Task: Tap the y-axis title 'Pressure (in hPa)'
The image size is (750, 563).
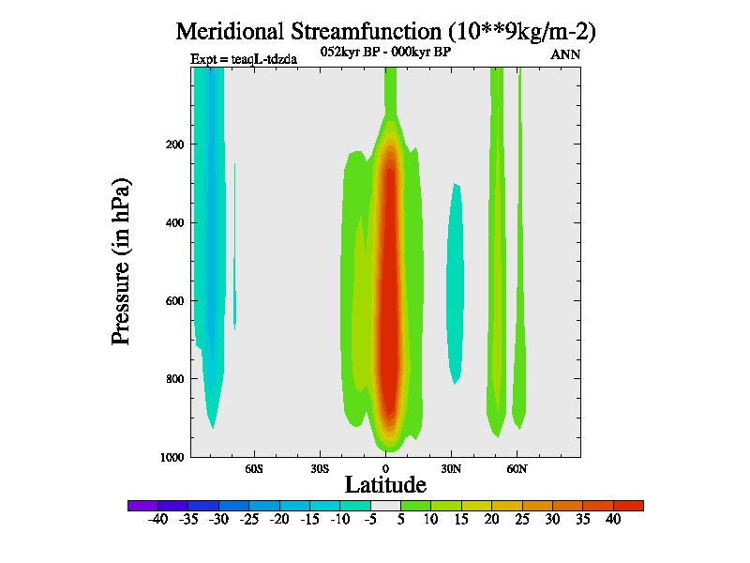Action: tap(121, 261)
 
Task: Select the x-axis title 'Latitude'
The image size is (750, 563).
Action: tap(385, 484)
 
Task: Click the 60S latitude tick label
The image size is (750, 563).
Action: tap(254, 467)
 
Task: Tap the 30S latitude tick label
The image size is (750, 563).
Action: tap(320, 467)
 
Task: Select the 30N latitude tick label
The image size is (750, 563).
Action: tap(451, 467)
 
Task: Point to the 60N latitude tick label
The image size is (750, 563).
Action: tap(517, 467)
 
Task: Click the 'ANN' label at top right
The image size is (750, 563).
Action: tap(565, 54)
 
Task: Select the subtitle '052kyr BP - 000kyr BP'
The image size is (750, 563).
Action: tap(386, 53)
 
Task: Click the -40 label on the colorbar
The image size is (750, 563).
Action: tap(158, 519)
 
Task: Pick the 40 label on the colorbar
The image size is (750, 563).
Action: tap(613, 519)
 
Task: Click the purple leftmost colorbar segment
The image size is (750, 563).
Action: tap(142, 506)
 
